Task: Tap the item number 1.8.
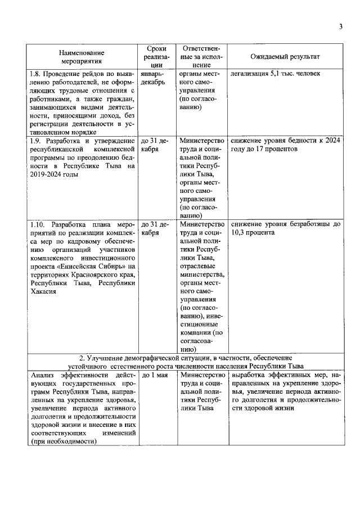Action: pyautogui.click(x=37, y=74)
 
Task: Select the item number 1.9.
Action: pyautogui.click(x=37, y=141)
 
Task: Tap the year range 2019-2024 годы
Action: pyautogui.click(x=55, y=174)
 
